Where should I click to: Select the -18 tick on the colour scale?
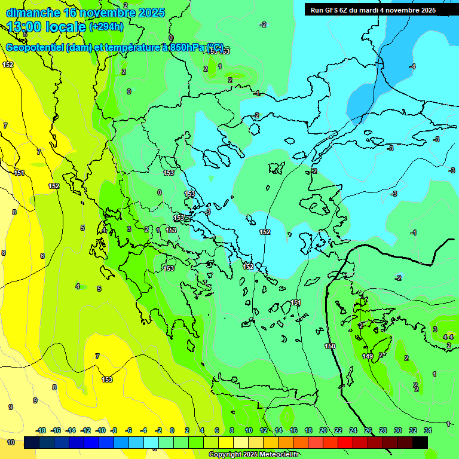pyautogui.click(x=41, y=430)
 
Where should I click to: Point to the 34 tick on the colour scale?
pyautogui.click(x=428, y=430)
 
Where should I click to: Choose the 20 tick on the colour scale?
pyautogui.click(x=323, y=430)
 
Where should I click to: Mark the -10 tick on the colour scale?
pyautogui.click(x=100, y=430)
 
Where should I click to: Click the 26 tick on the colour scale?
pyautogui.click(x=368, y=430)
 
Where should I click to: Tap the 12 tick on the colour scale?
pyautogui.click(x=264, y=430)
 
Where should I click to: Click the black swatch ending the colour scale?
pyautogui.click(x=420, y=442)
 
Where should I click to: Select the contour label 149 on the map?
pyautogui.click(x=368, y=357)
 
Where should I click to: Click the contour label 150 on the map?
pyautogui.click(x=330, y=346)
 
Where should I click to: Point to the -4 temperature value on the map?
pyautogui.click(x=412, y=66)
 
